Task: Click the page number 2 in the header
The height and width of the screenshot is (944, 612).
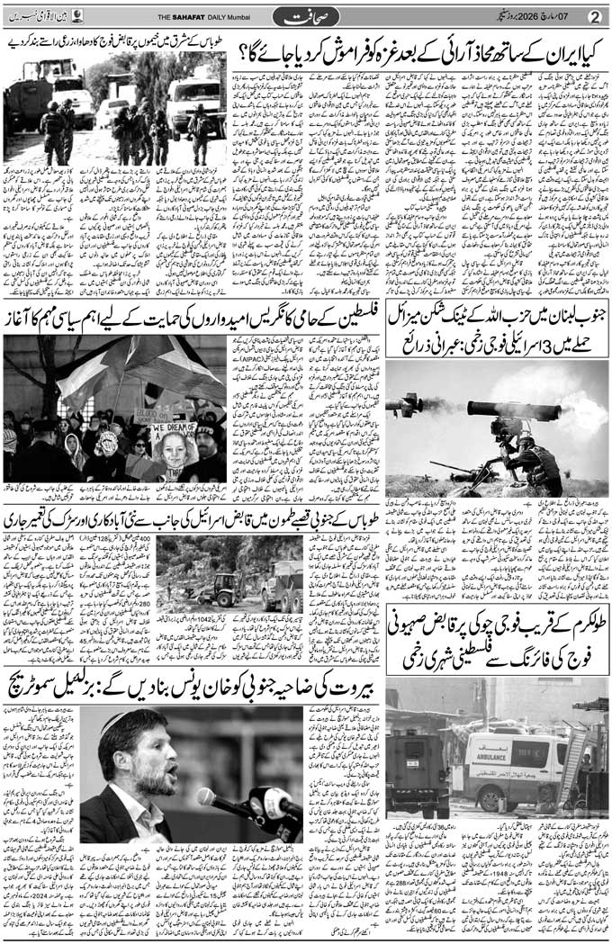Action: pyautogui.click(x=593, y=15)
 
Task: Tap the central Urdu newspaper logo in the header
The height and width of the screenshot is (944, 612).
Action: pyautogui.click(x=307, y=16)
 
